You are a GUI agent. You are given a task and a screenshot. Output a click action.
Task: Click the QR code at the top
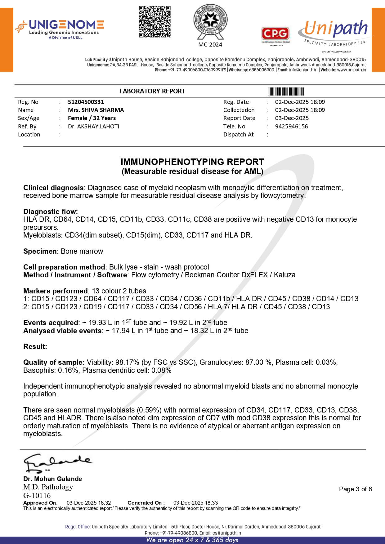(154, 21)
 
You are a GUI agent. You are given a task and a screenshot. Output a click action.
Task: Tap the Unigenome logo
(60, 29)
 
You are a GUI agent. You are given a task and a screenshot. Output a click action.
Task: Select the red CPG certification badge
(275, 35)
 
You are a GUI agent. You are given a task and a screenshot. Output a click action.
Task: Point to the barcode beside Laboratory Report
(285, 91)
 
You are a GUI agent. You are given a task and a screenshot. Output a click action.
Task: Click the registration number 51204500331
(86, 102)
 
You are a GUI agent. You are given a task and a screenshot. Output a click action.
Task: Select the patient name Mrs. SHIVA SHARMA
(96, 110)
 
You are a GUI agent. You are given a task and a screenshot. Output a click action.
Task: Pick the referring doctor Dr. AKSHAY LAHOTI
(93, 127)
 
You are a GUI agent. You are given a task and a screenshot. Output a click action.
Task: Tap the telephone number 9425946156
(291, 127)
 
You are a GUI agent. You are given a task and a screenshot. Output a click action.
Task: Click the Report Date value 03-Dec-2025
(292, 118)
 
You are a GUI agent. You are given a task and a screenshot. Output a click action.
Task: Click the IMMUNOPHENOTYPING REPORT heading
(192, 162)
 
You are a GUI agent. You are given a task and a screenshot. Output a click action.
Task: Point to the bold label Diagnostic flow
(51, 212)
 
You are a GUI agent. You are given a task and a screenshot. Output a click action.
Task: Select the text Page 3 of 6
(355, 489)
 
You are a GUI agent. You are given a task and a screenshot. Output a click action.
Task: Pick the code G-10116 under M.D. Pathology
(37, 496)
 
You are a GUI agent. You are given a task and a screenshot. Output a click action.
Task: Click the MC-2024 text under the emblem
(210, 45)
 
